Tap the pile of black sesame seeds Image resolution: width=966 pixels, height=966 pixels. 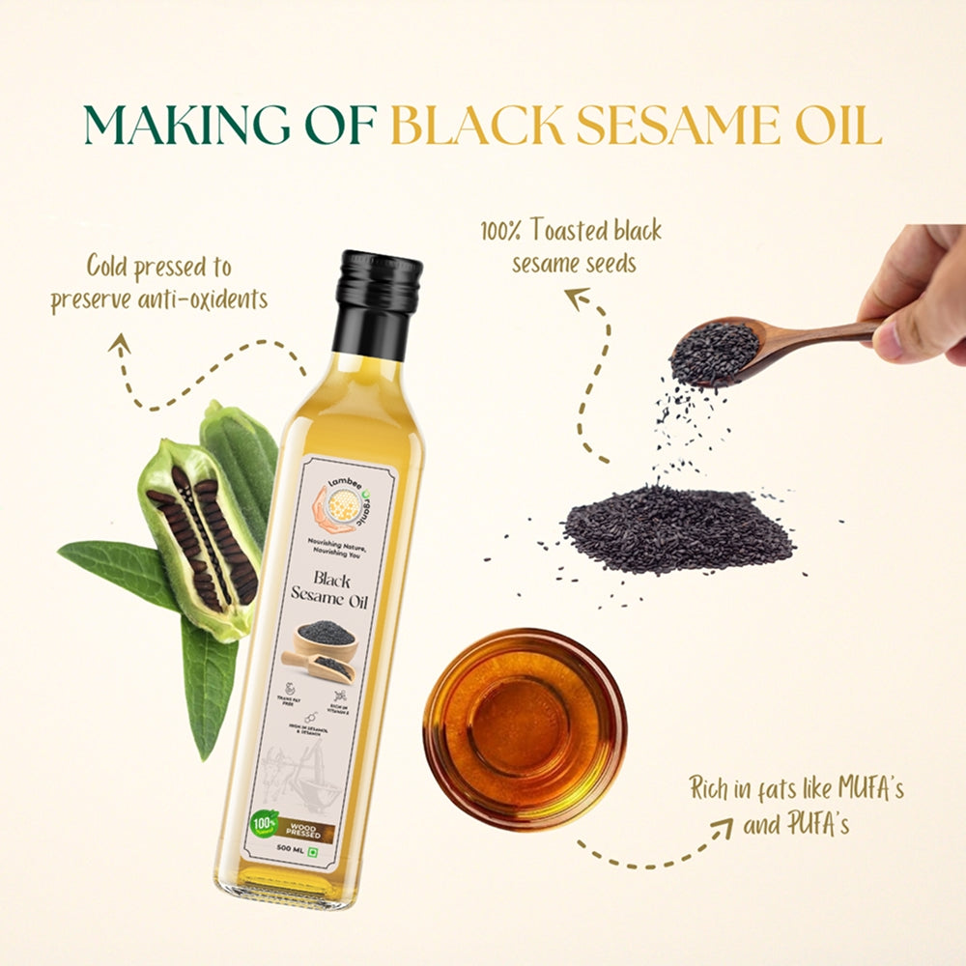coord(676,526)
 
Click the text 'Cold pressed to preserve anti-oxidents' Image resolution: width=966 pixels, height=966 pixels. coord(159,282)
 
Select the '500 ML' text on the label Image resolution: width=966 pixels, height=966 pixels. coord(295,848)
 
